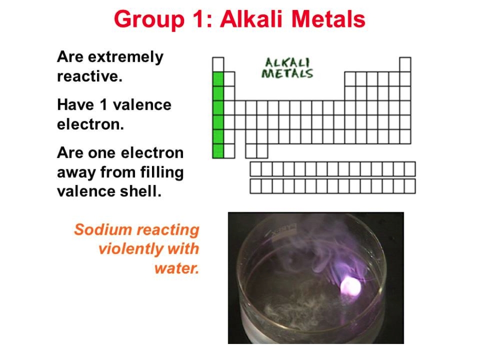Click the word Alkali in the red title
(251, 19)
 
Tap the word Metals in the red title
(329, 19)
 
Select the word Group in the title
(149, 20)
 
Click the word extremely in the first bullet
(126, 58)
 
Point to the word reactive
(90, 76)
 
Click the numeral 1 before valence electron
(104, 105)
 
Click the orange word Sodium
(103, 229)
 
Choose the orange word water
(177, 268)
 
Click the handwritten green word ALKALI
(287, 63)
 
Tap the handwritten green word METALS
(287, 74)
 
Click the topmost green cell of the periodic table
(218, 79)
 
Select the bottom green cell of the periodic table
(218, 151)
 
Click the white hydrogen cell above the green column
(218, 65)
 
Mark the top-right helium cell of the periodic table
(405, 65)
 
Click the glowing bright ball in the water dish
(351, 286)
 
